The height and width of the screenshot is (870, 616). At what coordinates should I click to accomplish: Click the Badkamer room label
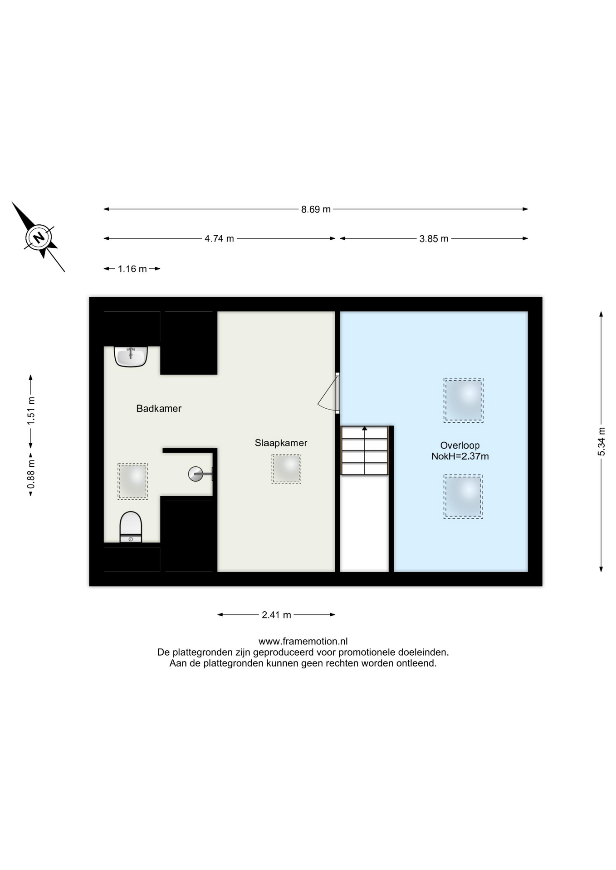[159, 408]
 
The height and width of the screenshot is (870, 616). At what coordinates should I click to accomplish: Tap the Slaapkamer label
[281, 443]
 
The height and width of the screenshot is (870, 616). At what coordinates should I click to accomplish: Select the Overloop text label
[460, 445]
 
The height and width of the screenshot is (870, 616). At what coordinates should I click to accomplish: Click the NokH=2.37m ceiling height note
[460, 456]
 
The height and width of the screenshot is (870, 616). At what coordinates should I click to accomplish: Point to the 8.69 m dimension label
[316, 209]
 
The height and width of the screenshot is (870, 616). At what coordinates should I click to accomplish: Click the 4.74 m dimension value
[219, 238]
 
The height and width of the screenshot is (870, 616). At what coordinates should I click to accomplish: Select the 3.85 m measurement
[434, 239]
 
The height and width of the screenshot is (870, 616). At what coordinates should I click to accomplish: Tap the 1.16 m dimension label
[132, 269]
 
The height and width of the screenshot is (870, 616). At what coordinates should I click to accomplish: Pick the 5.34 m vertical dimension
[601, 441]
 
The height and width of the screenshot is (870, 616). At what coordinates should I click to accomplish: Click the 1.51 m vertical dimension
[31, 411]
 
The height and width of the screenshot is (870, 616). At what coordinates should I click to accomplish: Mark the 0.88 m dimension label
[31, 474]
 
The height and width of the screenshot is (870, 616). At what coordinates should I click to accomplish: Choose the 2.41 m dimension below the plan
[276, 615]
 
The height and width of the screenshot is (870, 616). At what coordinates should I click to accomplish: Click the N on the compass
[39, 237]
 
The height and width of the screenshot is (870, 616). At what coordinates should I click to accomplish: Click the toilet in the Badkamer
[131, 527]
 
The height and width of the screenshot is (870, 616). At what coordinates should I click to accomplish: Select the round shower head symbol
[196, 474]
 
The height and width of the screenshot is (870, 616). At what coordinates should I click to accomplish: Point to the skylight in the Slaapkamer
[286, 469]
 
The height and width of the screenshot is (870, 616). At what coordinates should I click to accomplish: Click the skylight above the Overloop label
[464, 400]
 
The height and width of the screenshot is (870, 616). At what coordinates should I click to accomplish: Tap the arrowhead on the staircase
[365, 428]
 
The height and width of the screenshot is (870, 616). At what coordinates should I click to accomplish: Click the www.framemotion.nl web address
[303, 641]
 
